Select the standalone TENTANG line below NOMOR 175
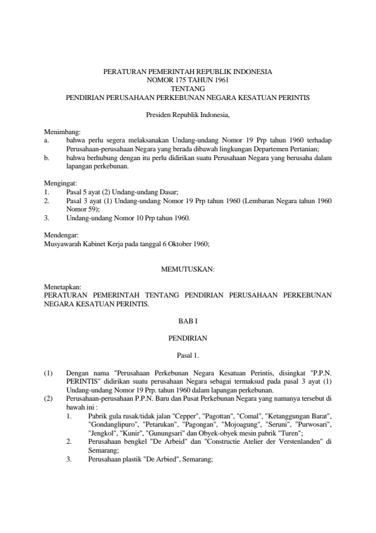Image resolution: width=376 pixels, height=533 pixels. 187,89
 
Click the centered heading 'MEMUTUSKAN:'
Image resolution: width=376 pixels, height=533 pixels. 188,268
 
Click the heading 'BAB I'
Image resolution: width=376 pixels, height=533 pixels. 188,321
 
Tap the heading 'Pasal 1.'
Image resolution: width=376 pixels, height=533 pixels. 188,354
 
